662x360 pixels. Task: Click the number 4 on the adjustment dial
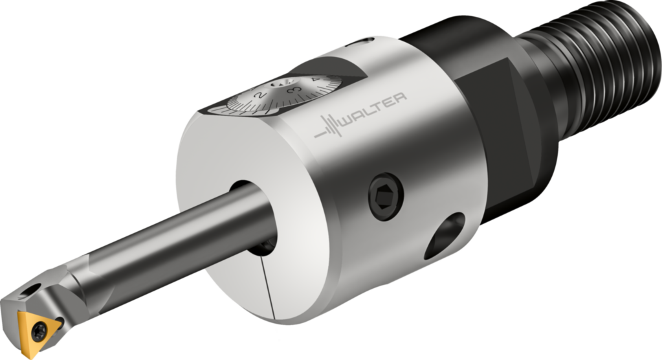[x=315, y=80]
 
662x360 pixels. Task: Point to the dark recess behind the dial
[x=324, y=65]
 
